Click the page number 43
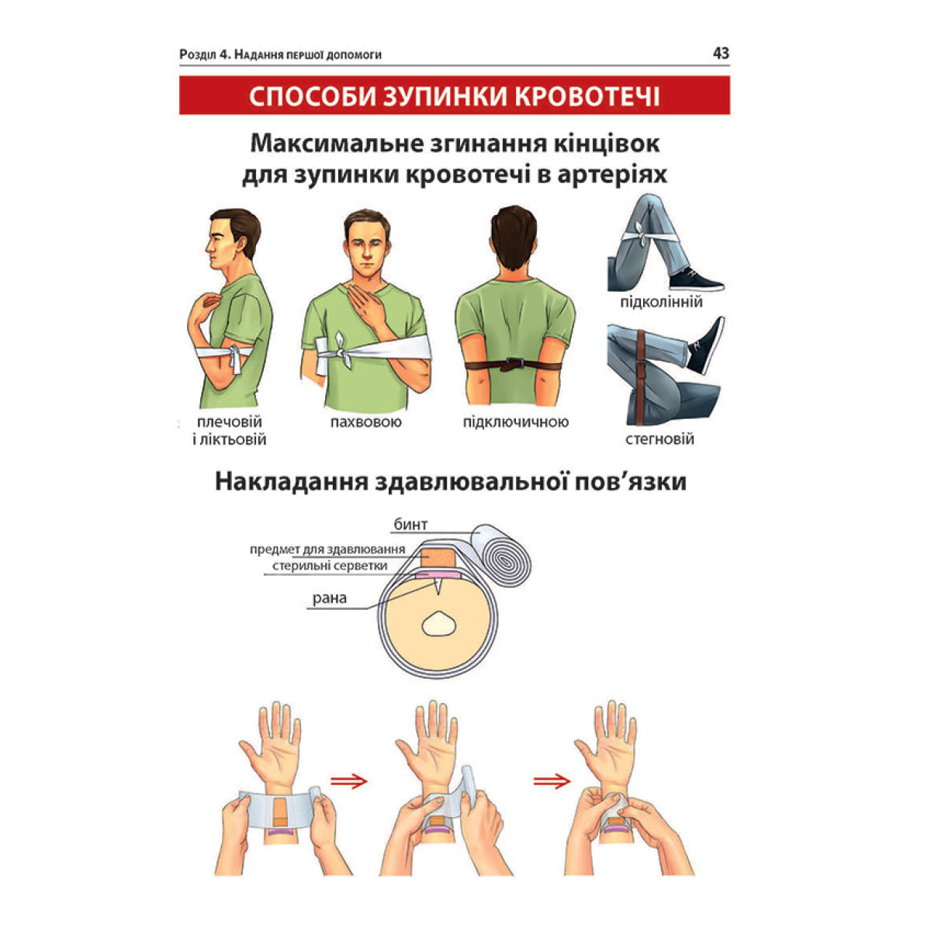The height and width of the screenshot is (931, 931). [x=720, y=53]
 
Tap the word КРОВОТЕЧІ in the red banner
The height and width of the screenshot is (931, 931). [x=587, y=96]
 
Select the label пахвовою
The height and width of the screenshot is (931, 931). [x=365, y=422]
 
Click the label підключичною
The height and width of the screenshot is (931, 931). [x=516, y=422]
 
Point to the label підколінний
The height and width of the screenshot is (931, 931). [x=661, y=303]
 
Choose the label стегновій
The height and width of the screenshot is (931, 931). [x=659, y=439]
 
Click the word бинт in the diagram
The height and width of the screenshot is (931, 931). [x=410, y=524]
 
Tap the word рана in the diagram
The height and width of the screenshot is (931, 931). [x=330, y=598]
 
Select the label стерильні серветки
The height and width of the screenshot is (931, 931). [x=330, y=566]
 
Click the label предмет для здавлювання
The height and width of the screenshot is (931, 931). [x=327, y=549]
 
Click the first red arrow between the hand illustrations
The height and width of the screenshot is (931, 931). [x=349, y=780]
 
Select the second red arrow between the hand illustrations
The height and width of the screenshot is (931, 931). [x=552, y=780]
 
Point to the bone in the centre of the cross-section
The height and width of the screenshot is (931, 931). [x=438, y=625]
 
